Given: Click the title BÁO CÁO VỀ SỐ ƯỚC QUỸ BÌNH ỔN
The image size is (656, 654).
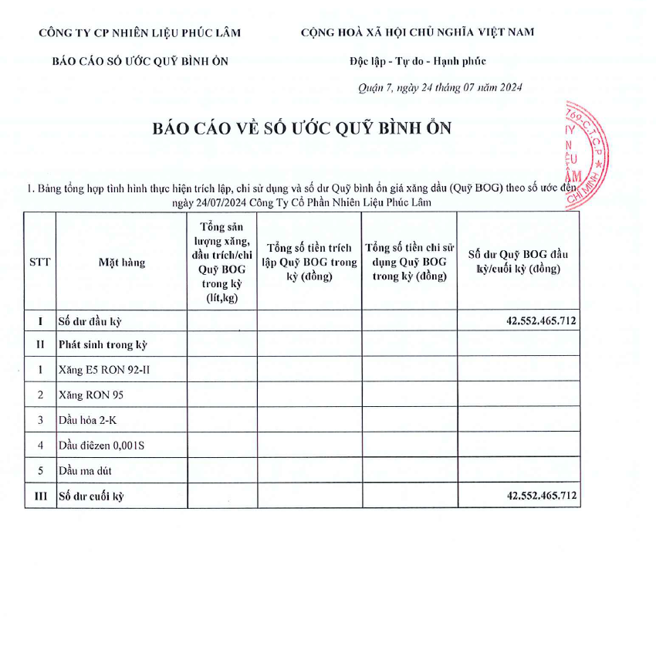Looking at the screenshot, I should pyautogui.click(x=302, y=128).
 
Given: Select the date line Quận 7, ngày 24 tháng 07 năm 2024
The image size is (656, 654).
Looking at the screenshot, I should pyautogui.click(x=440, y=88).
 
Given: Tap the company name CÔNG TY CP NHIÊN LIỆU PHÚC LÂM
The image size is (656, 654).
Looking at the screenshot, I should pyautogui.click(x=140, y=32).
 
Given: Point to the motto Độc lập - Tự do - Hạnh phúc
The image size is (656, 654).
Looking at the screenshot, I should pyautogui.click(x=417, y=61).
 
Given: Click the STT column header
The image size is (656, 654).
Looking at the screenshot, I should pyautogui.click(x=39, y=262).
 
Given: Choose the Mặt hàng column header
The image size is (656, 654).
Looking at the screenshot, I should pyautogui.click(x=121, y=263).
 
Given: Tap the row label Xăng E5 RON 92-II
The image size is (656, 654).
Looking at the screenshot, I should pyautogui.click(x=104, y=370).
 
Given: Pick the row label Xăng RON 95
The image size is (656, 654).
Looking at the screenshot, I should pyautogui.click(x=90, y=395).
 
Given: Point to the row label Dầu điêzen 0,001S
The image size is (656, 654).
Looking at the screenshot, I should pyautogui.click(x=101, y=446).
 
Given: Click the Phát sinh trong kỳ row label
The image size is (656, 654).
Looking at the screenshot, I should pyautogui.click(x=103, y=344).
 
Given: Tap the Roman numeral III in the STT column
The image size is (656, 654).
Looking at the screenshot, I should pyautogui.click(x=39, y=496).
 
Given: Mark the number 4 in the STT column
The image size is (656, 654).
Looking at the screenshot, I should pyautogui.click(x=39, y=446).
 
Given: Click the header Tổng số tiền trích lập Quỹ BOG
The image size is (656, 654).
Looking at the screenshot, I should pyautogui.click(x=309, y=262).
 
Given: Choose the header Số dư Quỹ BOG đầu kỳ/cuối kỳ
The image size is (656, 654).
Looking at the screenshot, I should pyautogui.click(x=518, y=261).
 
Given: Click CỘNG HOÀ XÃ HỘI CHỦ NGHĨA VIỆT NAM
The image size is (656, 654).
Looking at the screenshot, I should pyautogui.click(x=417, y=32).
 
